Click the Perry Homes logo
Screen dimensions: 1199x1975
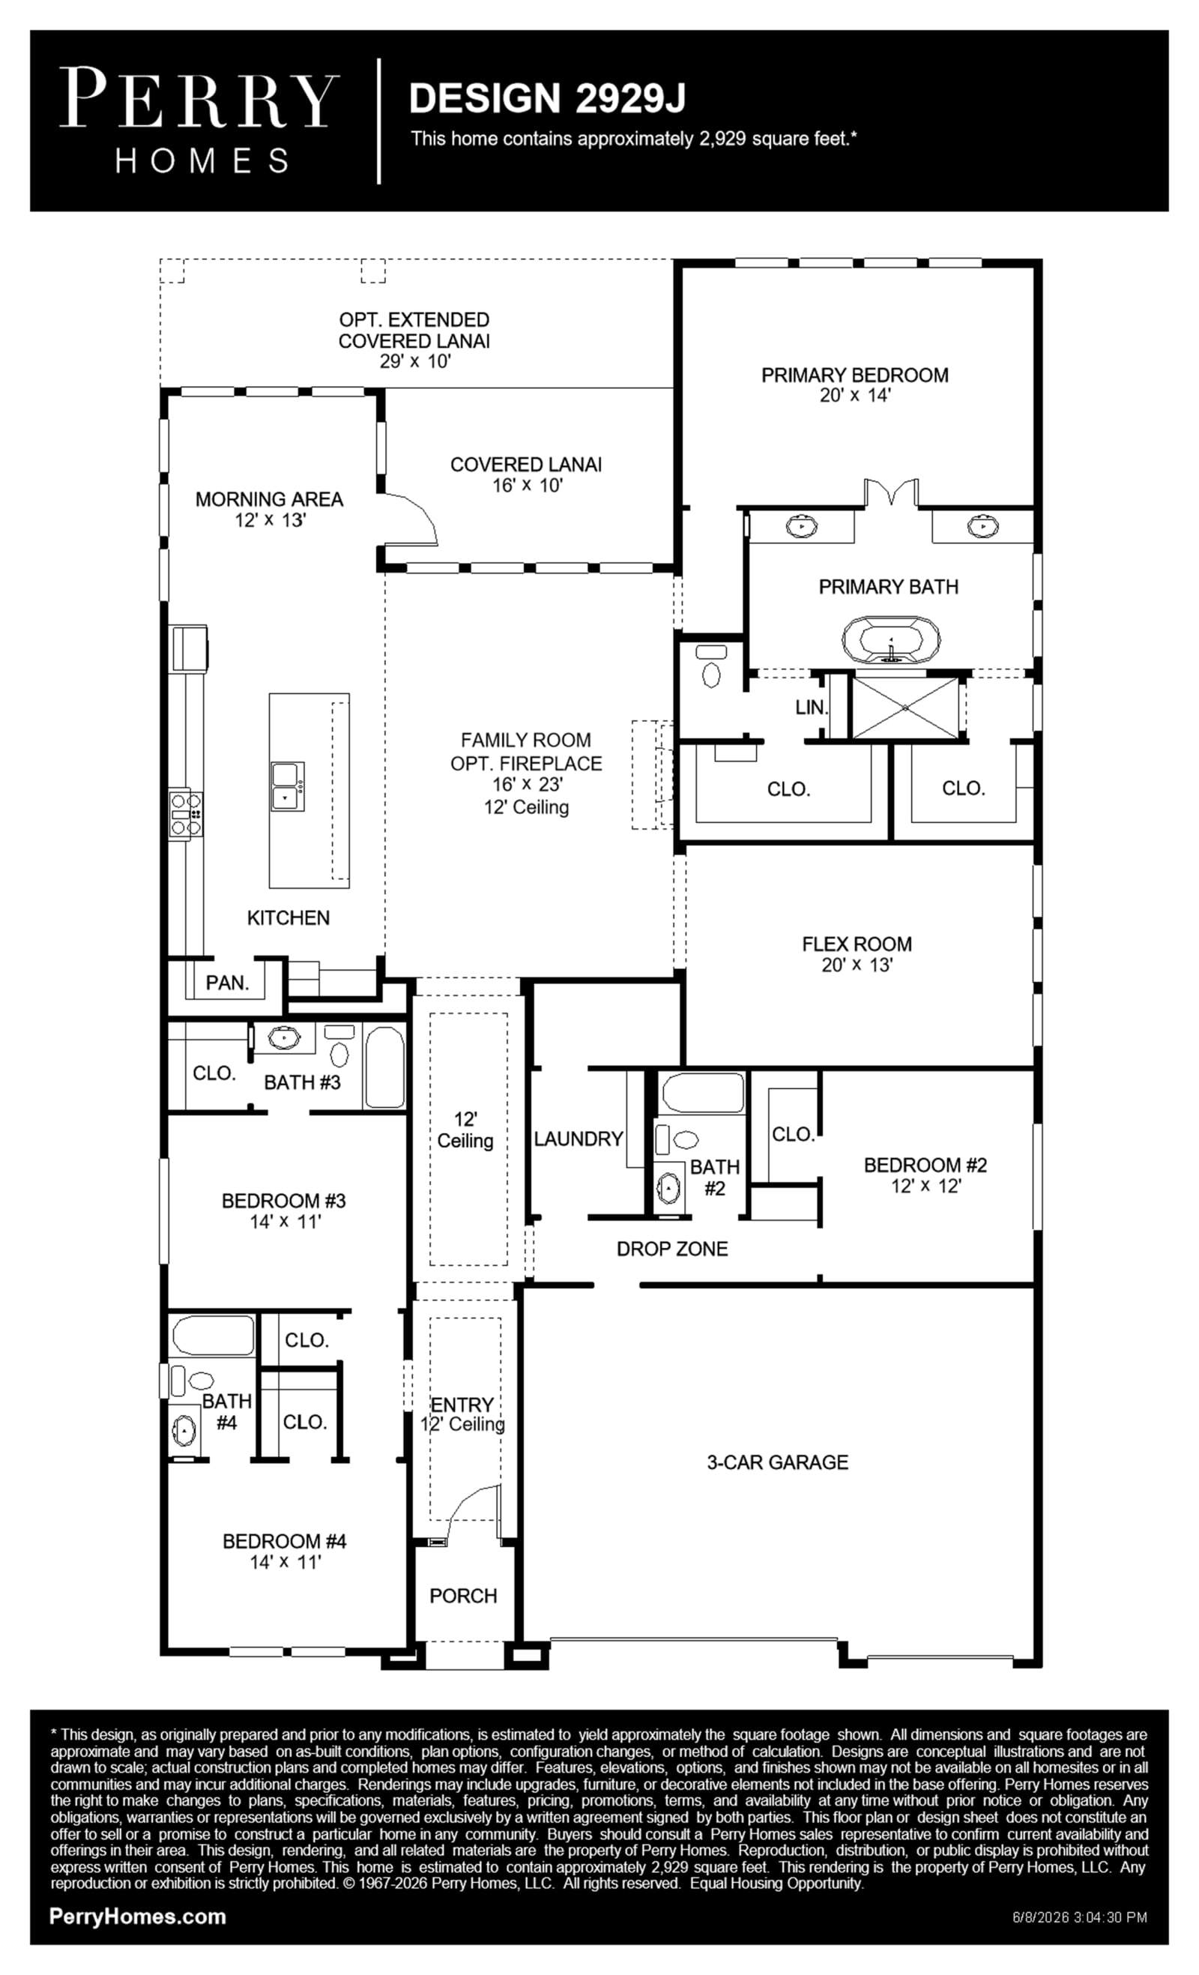(199, 120)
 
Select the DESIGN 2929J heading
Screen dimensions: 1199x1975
(547, 97)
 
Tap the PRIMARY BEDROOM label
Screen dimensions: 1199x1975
(854, 375)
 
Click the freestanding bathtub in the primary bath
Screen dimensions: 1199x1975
(890, 639)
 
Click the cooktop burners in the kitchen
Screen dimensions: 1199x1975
(185, 815)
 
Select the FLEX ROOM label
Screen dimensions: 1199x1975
(856, 944)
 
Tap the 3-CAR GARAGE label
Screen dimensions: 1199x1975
(776, 1462)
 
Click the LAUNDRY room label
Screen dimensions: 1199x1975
(578, 1139)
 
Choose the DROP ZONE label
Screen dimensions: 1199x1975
(671, 1248)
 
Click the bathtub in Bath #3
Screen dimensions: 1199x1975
(384, 1066)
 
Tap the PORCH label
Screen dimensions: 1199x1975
(462, 1595)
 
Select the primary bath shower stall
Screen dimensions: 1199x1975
(904, 708)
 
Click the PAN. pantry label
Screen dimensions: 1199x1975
(227, 983)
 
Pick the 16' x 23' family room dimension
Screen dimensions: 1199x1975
(528, 784)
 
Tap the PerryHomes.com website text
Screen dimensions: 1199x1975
(137, 1917)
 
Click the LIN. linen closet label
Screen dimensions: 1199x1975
(811, 707)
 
